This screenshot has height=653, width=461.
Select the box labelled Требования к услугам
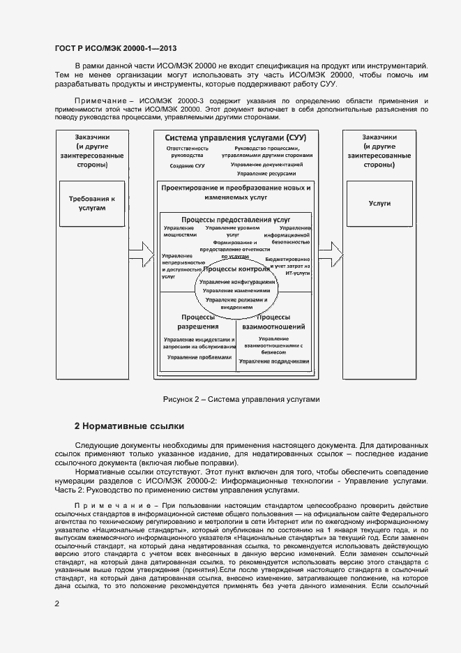[91, 204]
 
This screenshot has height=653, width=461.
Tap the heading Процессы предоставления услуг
[236, 219]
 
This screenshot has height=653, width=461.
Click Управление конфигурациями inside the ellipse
[236, 282]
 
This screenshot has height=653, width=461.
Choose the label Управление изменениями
[236, 290]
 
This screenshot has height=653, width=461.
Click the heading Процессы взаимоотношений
[273, 321]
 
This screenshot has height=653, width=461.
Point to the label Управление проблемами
[199, 356]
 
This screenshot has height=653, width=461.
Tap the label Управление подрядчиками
[273, 361]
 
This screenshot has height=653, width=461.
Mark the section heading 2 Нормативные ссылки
[130, 426]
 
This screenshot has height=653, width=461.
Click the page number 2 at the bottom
[57, 603]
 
